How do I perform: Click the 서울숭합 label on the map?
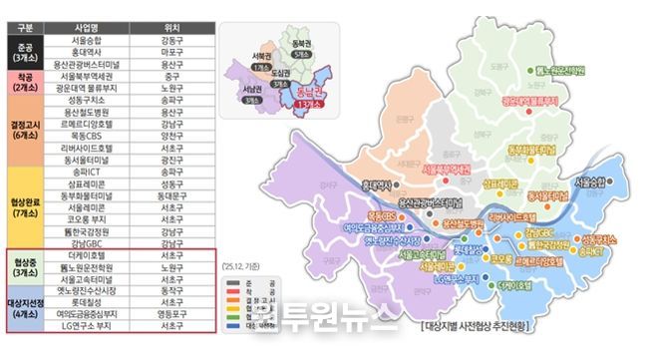(598, 183)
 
